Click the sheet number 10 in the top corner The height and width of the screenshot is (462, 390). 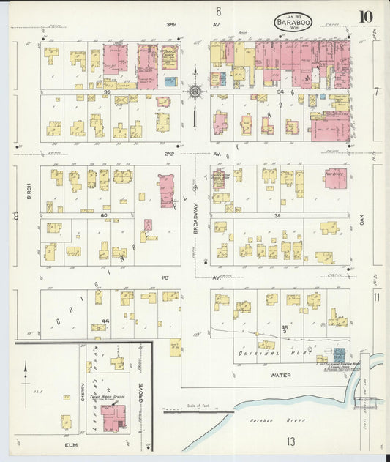[364, 17]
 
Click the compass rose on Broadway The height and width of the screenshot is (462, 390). [195, 92]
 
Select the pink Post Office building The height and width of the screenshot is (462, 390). [335, 178]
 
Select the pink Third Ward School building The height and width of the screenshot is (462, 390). [113, 417]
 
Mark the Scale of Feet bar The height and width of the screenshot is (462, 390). [196, 411]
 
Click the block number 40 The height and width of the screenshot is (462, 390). [104, 215]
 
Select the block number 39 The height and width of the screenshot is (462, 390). [277, 215]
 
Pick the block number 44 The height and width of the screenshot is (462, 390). [105, 321]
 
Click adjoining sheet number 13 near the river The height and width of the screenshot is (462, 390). [291, 441]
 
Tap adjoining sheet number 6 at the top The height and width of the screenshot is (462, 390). [218, 11]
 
